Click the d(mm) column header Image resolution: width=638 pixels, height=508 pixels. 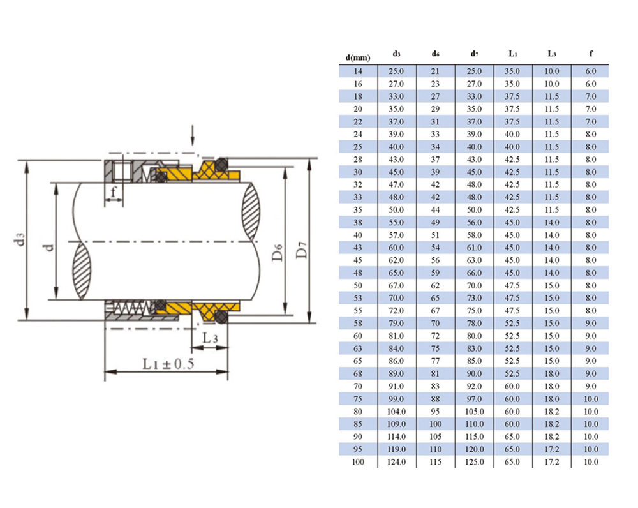358,58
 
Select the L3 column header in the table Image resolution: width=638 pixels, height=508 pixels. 551,54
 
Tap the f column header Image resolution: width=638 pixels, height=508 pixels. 591,54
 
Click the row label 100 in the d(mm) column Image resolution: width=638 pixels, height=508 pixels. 358,462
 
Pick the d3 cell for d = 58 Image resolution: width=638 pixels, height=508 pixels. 396,323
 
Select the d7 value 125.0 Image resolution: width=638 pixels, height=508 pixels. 474,462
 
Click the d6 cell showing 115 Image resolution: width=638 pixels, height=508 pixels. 435,462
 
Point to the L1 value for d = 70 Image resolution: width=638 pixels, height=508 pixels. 512,386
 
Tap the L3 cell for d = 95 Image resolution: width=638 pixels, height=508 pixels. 551,449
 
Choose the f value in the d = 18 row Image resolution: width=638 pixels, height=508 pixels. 591,96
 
